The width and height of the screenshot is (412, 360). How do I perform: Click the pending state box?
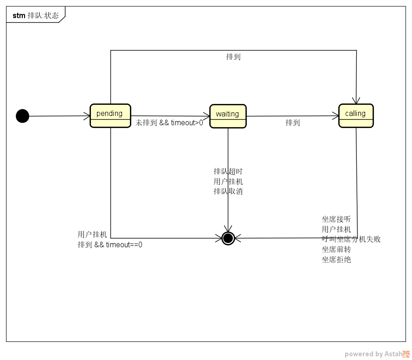tap(110, 116)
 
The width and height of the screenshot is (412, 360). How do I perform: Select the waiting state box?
tap(228, 116)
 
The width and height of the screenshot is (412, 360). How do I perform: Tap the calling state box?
tap(356, 116)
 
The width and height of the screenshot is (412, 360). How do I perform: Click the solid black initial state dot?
tap(22, 116)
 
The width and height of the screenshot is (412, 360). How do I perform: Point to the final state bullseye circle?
tap(228, 238)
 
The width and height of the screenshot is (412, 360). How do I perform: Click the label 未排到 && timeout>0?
tap(169, 123)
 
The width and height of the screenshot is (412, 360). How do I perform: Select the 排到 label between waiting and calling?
tap(292, 123)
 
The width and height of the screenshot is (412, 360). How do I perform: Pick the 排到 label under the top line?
tap(233, 57)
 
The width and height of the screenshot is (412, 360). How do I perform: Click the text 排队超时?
tap(228, 172)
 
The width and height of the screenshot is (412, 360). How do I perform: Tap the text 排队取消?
tap(228, 192)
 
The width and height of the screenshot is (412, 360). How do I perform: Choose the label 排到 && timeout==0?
tap(110, 245)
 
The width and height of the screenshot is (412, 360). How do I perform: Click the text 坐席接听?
tap(336, 219)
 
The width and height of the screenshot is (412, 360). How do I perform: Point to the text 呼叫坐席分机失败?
tap(351, 239)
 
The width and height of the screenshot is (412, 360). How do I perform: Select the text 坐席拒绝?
tap(336, 260)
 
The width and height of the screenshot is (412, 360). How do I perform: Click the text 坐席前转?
tap(336, 250)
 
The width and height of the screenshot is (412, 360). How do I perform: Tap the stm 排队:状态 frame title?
tap(35, 15)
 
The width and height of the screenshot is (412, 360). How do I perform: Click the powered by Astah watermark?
tap(377, 354)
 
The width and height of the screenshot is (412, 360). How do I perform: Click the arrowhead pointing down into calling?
tap(356, 100)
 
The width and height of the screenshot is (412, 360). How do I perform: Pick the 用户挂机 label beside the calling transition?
tap(336, 229)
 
